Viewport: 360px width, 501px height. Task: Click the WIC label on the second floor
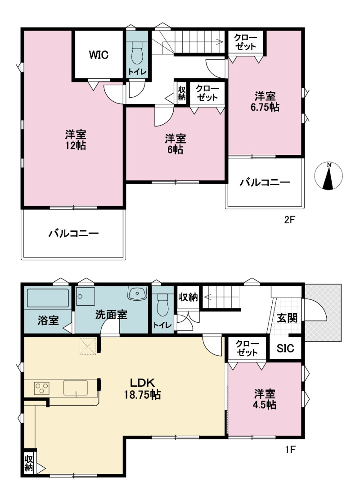[x=99, y=55]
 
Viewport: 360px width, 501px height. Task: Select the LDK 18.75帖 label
[x=142, y=388]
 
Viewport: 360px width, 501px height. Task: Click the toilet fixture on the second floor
[x=138, y=53]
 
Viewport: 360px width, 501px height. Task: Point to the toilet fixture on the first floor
[x=162, y=306]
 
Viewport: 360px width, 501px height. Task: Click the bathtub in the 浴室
[x=48, y=298]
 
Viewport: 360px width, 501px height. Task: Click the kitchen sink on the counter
[x=76, y=388]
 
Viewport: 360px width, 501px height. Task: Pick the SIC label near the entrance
[x=285, y=348]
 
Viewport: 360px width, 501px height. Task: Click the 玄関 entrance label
[x=287, y=318]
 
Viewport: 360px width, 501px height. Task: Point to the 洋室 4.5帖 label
[x=265, y=399]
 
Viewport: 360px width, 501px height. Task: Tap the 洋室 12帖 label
[x=76, y=140]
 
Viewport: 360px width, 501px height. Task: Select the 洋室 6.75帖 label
[x=265, y=102]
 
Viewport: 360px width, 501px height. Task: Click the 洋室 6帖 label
[x=175, y=144]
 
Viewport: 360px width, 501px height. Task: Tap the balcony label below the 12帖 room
[x=73, y=234]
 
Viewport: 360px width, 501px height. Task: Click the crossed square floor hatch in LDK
[x=88, y=346]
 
